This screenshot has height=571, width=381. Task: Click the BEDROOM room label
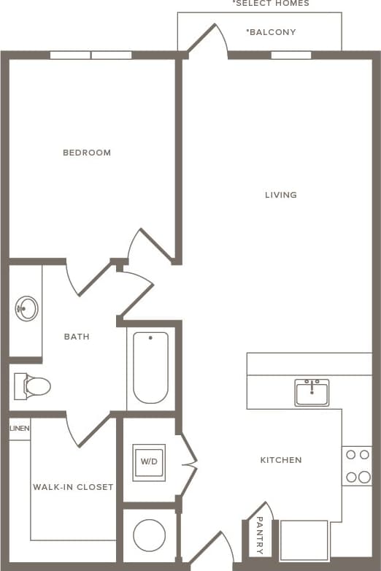87,153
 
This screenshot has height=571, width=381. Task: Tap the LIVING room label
281,195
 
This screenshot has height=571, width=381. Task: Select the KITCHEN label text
281,460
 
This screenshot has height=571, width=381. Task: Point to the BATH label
77,337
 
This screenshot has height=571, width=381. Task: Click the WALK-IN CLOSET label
73,487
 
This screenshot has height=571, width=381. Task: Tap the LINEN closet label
20,429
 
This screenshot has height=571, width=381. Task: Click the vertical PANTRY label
260,536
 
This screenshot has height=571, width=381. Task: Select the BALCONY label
271,32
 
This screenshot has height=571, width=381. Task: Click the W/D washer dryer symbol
149,462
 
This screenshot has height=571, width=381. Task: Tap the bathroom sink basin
27,308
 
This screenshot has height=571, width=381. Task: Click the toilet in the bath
32,386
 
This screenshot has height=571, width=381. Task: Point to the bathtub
150,367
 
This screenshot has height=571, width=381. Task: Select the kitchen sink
312,392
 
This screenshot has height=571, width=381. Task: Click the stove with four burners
357,466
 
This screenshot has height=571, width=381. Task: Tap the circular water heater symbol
149,534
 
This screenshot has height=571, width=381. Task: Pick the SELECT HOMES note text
271,4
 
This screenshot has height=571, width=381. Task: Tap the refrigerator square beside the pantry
304,539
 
